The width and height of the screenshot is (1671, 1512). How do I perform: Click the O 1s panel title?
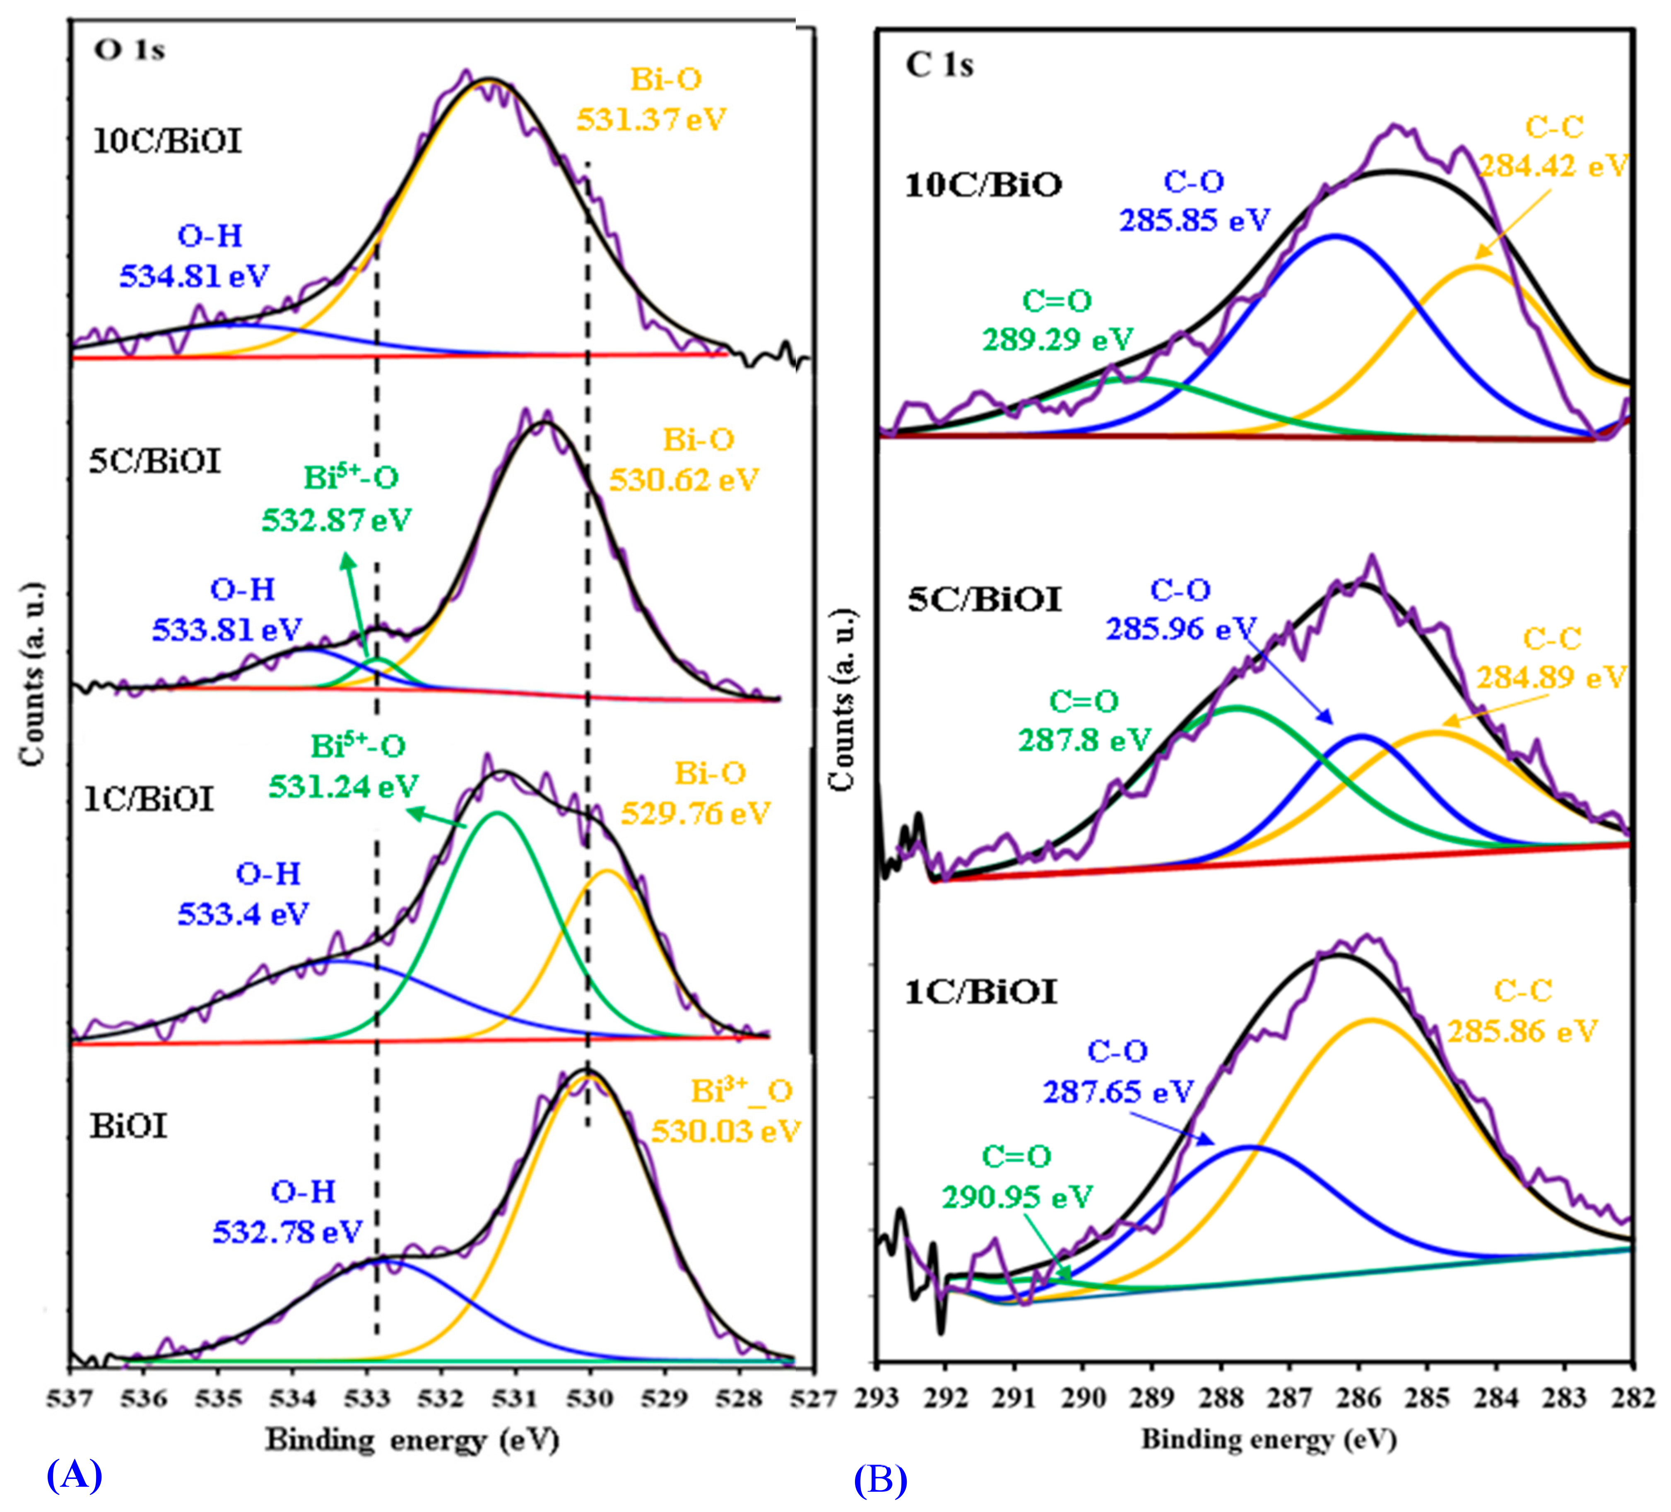click(129, 51)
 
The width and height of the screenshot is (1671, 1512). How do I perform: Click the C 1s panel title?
click(939, 65)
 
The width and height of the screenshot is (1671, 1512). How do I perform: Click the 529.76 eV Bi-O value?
click(696, 813)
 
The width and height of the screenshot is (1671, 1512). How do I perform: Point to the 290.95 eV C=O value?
click(1017, 1197)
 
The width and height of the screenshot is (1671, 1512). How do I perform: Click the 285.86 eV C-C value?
click(1522, 1031)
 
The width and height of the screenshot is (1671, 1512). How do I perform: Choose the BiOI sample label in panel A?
click(128, 1127)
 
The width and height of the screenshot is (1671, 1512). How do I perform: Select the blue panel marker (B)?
click(880, 1480)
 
